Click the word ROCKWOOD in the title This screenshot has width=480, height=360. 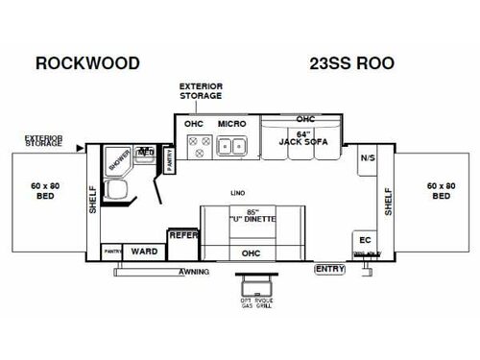pyautogui.click(x=87, y=64)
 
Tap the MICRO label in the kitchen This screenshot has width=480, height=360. pyautogui.click(x=231, y=124)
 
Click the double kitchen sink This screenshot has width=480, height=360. pyautogui.click(x=231, y=147)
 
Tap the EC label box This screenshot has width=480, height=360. pyautogui.click(x=366, y=240)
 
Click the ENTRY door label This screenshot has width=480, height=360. pyautogui.click(x=329, y=268)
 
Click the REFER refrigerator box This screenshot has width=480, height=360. pyautogui.click(x=182, y=234)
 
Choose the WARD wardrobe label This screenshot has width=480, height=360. pyautogui.click(x=144, y=252)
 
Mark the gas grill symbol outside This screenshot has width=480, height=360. pyautogui.click(x=256, y=285)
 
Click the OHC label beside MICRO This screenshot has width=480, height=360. pyautogui.click(x=193, y=124)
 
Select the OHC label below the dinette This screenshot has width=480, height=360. pyautogui.click(x=251, y=252)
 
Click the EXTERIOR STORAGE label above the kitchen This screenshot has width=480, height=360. pyautogui.click(x=201, y=91)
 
